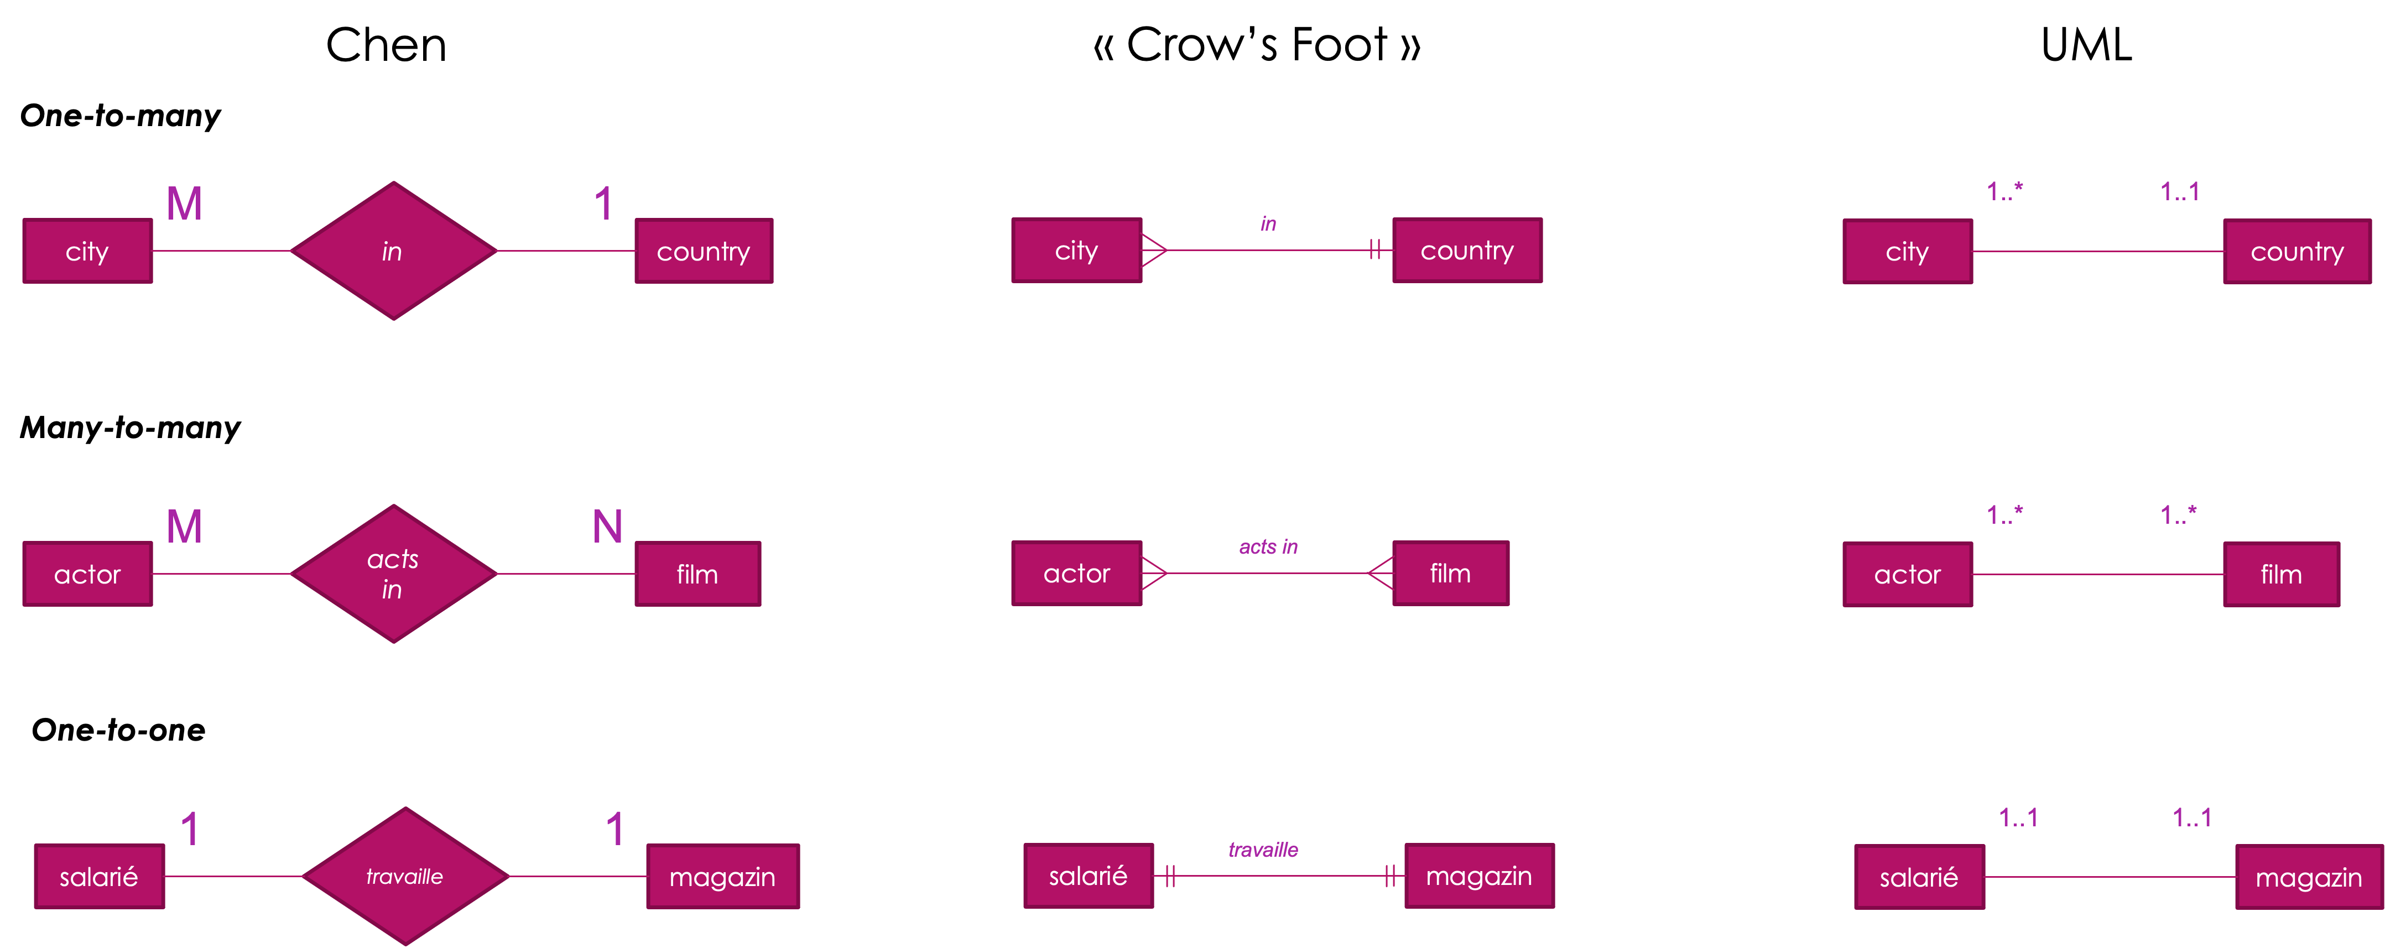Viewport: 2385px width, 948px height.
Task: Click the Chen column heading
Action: [386, 44]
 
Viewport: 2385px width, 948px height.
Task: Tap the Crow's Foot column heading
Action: [1257, 44]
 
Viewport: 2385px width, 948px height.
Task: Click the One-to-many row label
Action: [121, 116]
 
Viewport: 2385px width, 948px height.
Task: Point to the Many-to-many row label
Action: [131, 427]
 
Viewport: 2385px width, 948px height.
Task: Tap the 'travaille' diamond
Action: [405, 876]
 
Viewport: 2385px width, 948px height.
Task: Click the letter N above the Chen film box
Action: [607, 527]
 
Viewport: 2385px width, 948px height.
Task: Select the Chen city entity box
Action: [88, 251]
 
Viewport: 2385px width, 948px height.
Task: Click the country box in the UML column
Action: [2297, 251]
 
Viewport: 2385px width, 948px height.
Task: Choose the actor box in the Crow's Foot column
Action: [1077, 573]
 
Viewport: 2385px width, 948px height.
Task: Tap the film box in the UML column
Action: [2282, 574]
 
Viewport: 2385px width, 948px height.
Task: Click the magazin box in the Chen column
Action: [723, 876]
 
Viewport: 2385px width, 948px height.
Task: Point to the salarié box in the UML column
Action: [1919, 877]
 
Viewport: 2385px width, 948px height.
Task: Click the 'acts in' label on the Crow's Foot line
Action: [1268, 547]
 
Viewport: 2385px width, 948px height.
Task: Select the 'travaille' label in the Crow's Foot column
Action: [1263, 850]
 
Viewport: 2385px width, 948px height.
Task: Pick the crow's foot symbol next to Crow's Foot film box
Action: [1381, 573]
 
